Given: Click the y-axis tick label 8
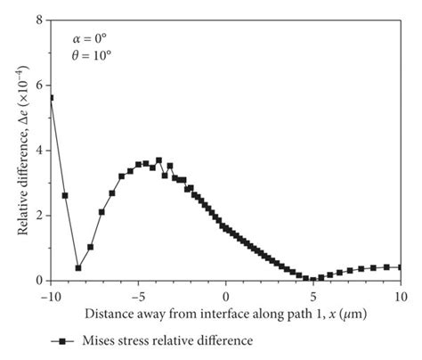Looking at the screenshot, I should [40, 19].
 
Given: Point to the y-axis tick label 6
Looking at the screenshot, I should [40, 84].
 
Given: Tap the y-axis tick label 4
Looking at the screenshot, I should [40, 150].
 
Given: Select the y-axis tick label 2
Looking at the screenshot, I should [40, 215].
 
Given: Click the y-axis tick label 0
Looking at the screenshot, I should [40, 280].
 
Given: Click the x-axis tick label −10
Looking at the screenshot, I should [51, 295].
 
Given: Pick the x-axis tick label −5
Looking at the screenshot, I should [138, 295].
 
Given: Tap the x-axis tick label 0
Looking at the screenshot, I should [226, 295].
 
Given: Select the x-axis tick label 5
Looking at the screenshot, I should [313, 295].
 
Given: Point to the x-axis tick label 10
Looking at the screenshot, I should [400, 295].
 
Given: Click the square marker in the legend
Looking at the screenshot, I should [65, 340].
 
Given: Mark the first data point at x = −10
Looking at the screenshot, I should [51, 97].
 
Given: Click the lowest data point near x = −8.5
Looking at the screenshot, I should [78, 267].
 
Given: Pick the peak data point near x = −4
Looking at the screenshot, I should [158, 160].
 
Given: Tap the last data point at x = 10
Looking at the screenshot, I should [401, 266].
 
